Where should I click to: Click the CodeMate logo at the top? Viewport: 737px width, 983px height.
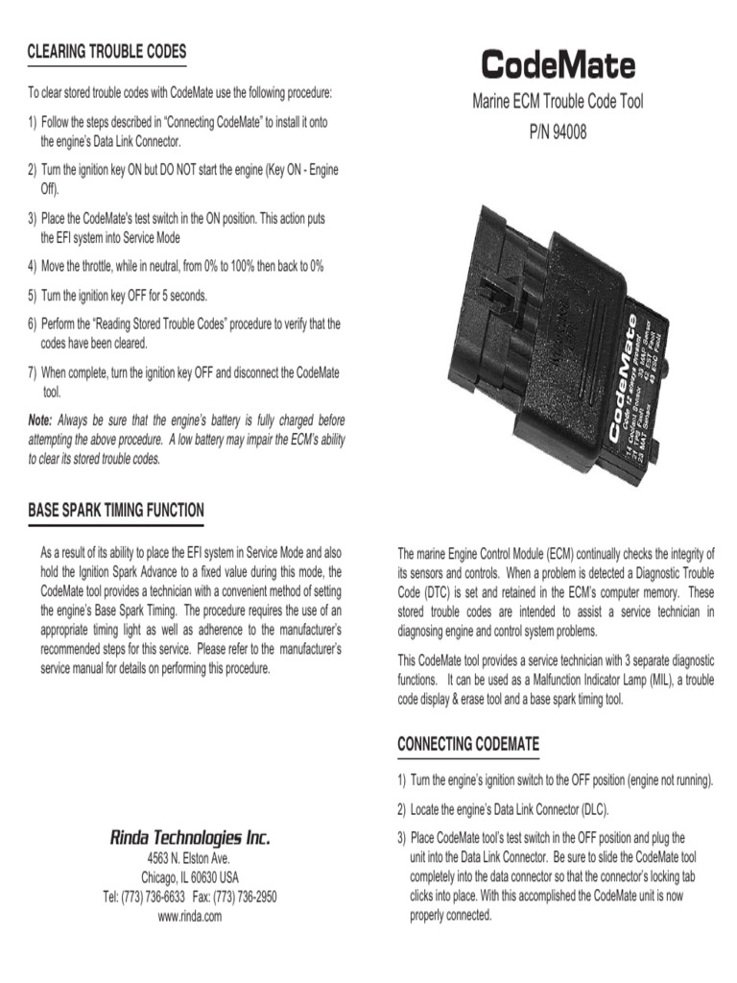558,65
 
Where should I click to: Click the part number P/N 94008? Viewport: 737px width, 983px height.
558,132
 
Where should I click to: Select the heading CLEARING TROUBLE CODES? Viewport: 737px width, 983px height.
107,52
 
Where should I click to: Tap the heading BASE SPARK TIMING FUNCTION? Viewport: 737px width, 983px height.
115,510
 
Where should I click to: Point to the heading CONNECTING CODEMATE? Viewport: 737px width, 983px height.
468,744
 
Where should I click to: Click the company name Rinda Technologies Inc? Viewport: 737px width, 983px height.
189,838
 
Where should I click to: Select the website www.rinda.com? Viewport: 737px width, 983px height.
190,916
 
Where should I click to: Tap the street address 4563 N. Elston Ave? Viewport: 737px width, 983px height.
189,858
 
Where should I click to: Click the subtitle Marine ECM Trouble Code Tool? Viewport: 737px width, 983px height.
558,102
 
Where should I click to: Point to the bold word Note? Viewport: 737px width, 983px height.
40,420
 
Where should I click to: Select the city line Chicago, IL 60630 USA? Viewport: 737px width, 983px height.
190,877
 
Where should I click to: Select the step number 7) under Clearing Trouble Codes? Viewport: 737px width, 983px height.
33,372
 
